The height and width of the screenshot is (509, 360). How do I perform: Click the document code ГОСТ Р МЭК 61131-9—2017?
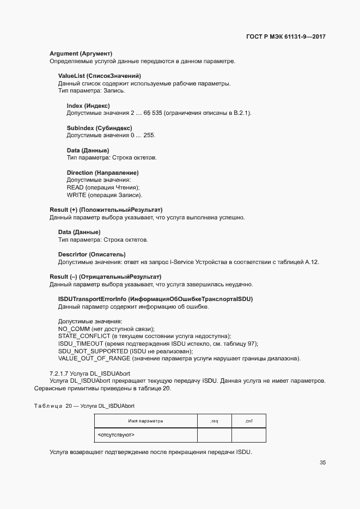pyautogui.click(x=285, y=37)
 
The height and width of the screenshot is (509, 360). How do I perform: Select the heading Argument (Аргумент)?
pyautogui.click(x=81, y=53)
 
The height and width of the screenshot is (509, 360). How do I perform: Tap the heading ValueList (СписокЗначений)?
pyautogui.click(x=100, y=75)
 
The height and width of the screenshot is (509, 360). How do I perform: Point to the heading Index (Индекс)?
pyautogui.click(x=88, y=105)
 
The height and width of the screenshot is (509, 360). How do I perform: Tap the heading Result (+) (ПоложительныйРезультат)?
pyautogui.click(x=106, y=210)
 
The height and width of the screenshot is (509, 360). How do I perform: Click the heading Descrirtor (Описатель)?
pyautogui.click(x=92, y=254)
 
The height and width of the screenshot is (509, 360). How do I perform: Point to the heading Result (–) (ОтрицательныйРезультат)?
pyautogui.click(x=105, y=277)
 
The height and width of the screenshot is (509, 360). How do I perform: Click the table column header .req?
pyautogui.click(x=214, y=421)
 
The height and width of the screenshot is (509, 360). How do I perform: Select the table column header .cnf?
pyautogui.click(x=248, y=421)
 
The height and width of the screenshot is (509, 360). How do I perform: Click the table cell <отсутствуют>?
pyautogui.click(x=116, y=435)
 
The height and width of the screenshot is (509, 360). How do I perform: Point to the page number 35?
pyautogui.click(x=322, y=463)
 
